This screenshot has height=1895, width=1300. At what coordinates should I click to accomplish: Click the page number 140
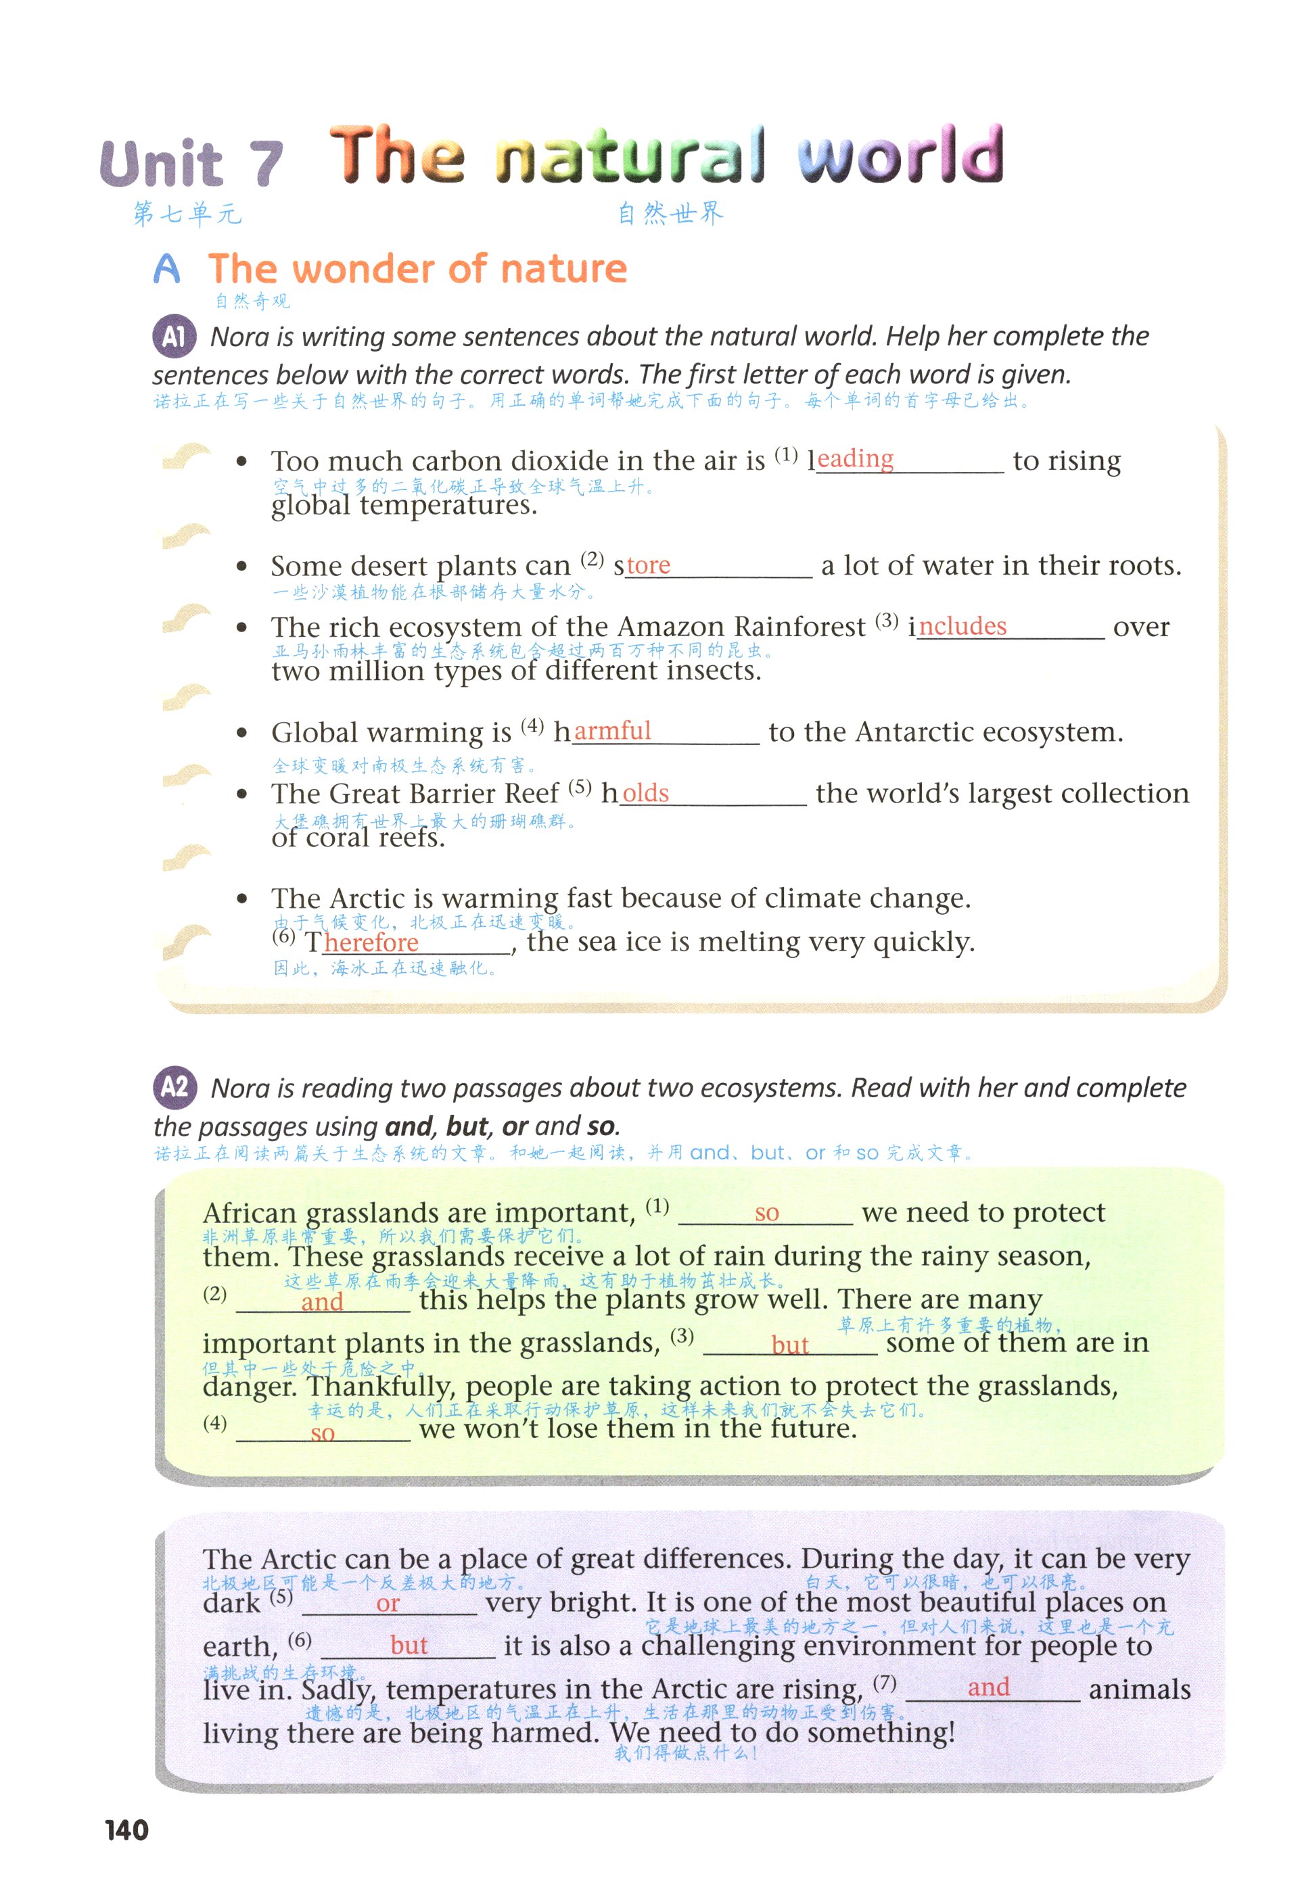126,1830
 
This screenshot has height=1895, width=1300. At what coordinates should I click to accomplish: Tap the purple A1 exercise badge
174,336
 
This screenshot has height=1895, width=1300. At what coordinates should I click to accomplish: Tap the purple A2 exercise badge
175,1087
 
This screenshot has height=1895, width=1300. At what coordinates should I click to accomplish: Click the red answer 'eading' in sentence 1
855,459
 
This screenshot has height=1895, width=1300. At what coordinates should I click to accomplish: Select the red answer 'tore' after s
649,565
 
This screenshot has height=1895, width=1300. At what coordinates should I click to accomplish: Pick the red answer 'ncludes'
962,625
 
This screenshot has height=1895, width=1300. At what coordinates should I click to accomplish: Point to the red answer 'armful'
613,731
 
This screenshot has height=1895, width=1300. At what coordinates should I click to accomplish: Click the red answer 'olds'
645,792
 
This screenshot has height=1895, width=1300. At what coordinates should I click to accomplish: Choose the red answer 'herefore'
371,942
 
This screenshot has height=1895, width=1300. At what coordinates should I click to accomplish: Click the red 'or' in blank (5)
388,1603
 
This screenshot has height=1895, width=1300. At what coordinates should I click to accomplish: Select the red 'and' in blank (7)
988,1686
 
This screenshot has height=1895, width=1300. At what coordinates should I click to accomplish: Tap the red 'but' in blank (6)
409,1646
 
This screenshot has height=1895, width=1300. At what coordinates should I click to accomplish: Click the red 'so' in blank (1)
766,1212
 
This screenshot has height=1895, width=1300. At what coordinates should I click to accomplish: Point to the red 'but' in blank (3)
789,1345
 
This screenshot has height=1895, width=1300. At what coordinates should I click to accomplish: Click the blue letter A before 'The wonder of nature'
166,268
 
